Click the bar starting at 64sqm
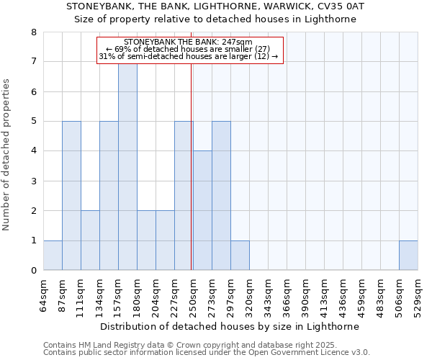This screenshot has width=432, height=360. [53, 256]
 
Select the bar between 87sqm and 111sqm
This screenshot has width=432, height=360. [71, 196]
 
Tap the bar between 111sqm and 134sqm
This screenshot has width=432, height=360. [90, 240]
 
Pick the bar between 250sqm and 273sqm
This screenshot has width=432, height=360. [202, 210]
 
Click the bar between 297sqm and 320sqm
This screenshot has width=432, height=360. [240, 256]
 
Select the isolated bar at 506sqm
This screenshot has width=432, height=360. [408, 256]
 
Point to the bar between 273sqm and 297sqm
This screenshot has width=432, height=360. [221, 196]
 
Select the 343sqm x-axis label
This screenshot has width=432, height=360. [268, 295]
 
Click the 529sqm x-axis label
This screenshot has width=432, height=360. [418, 295]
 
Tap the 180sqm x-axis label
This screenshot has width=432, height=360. [137, 295]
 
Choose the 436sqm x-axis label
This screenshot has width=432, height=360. [343, 295]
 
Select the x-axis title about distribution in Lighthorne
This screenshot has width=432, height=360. [230, 326]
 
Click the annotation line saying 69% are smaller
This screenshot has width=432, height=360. [188, 49]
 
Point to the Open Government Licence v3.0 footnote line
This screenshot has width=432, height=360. [207, 353]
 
